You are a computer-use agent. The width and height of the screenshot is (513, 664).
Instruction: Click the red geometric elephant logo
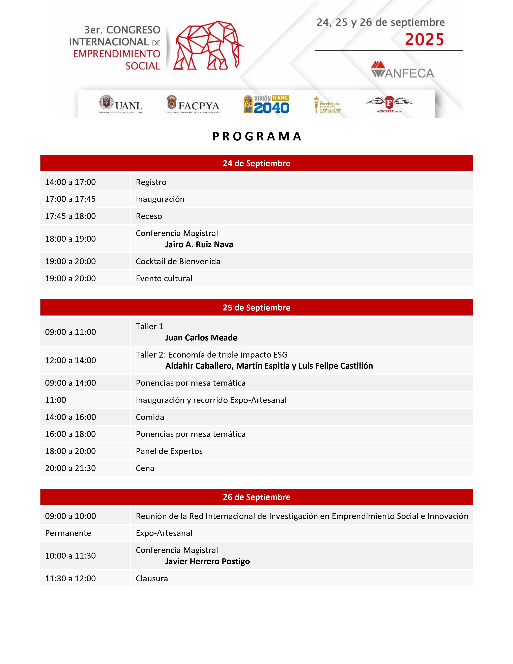(208, 46)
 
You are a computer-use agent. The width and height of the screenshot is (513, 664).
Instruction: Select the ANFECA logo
(402, 70)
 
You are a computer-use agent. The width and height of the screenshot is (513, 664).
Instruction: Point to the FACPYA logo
(193, 104)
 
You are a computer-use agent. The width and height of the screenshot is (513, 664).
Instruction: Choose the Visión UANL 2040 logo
(266, 104)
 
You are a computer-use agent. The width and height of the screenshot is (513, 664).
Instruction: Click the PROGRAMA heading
(256, 136)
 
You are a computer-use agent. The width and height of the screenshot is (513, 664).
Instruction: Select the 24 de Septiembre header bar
(256, 163)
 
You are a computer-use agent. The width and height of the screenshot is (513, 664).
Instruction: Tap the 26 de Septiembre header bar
(256, 497)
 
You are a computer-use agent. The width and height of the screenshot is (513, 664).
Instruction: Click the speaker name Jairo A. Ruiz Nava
(199, 245)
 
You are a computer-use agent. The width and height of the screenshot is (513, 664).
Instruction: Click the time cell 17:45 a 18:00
(70, 216)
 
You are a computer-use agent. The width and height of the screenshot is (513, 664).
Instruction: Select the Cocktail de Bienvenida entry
(178, 261)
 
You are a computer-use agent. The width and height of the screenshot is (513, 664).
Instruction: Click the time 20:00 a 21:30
(70, 468)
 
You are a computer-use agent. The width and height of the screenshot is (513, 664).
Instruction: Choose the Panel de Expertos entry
(169, 451)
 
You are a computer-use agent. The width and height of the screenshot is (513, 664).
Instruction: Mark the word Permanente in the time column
(68, 533)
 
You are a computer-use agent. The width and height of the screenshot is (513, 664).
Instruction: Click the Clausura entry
(152, 578)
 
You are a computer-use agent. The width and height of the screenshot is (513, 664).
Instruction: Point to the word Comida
(150, 417)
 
